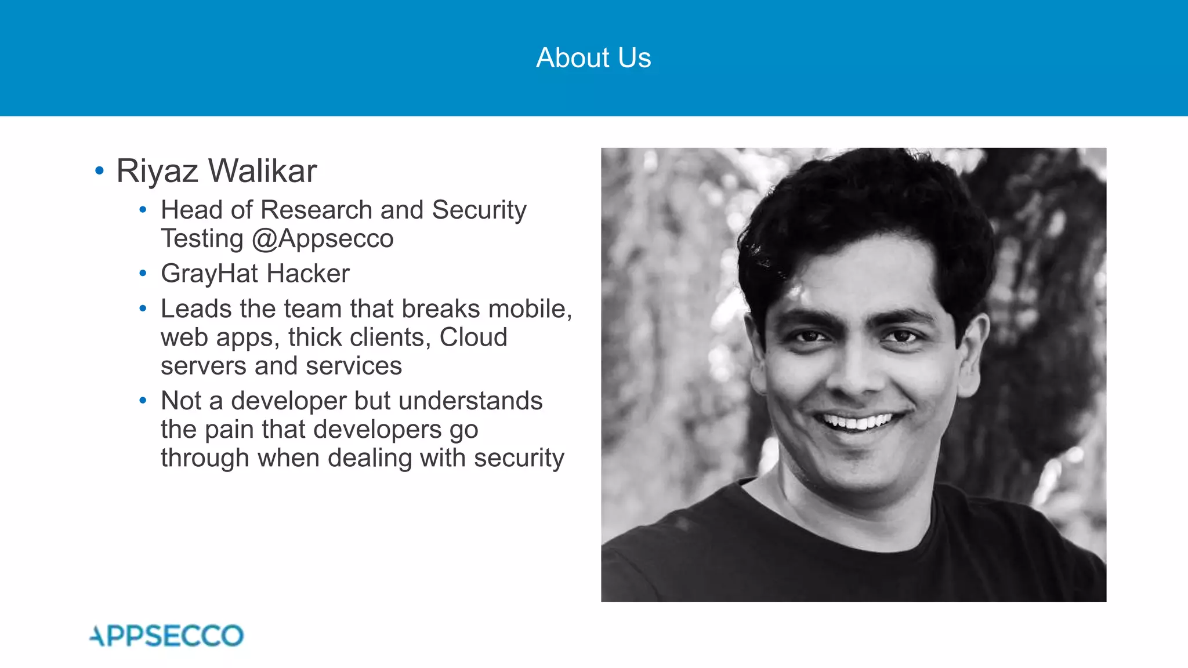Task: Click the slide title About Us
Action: tap(593, 58)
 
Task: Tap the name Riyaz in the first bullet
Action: tap(157, 171)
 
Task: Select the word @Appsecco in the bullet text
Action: tap(323, 239)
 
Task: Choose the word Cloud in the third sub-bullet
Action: tap(473, 337)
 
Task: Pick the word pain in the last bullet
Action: tap(229, 430)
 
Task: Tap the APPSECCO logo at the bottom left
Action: tap(167, 636)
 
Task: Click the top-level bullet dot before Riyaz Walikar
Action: tap(99, 171)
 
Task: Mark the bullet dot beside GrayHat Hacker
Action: tap(143, 273)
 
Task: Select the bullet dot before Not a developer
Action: tap(143, 401)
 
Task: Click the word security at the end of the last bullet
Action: tap(519, 458)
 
